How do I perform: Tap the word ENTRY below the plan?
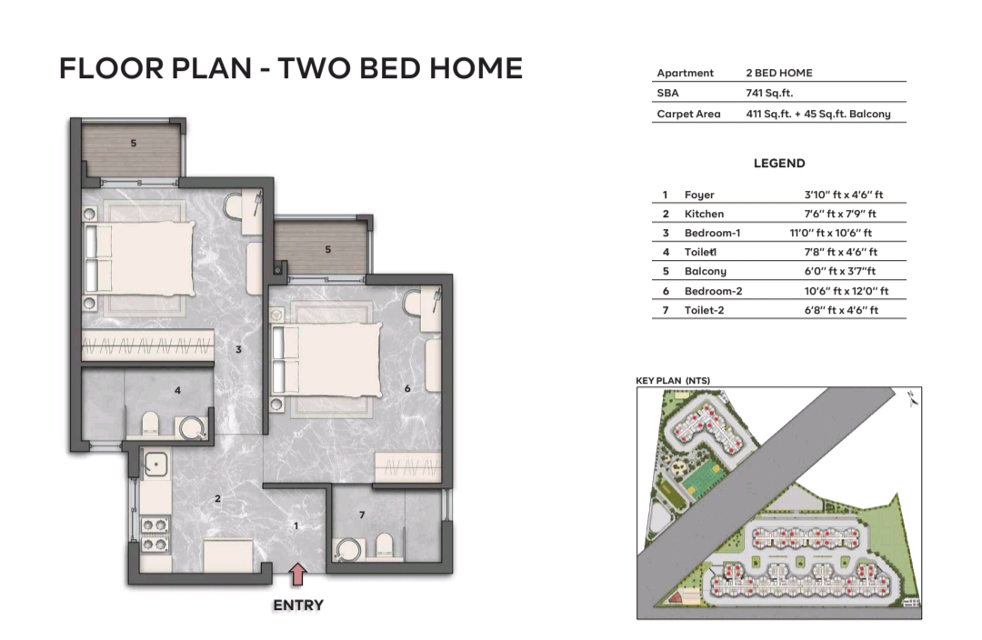298,605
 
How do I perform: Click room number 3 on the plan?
238,349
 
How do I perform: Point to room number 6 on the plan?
408,389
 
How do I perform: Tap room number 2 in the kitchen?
217,498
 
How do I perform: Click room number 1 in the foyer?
296,525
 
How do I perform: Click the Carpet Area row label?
688,114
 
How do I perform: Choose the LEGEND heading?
779,164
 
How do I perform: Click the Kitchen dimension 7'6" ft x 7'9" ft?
840,214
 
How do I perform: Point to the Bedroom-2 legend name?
713,291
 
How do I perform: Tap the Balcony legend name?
706,271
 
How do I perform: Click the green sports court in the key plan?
701,475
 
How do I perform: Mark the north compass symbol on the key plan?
913,395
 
